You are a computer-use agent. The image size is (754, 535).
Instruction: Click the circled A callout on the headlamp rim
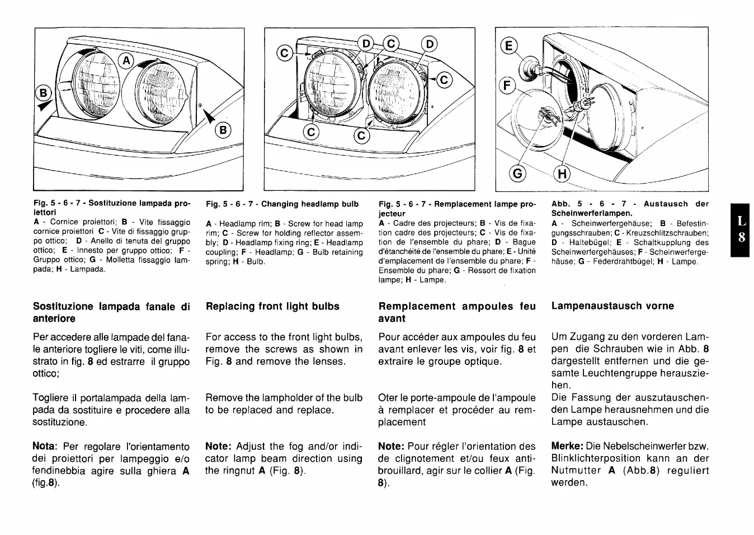(127, 60)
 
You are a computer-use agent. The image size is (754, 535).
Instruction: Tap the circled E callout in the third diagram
(508, 45)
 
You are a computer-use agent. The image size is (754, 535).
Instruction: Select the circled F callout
(507, 86)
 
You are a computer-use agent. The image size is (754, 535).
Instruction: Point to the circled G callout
(518, 173)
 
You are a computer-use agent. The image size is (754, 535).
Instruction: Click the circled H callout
(562, 173)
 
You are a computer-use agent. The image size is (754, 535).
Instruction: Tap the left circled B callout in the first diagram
(43, 91)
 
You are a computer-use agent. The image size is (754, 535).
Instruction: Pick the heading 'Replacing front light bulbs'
(272, 306)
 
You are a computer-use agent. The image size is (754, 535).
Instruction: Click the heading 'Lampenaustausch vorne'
(612, 306)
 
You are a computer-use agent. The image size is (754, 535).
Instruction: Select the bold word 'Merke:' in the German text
(567, 447)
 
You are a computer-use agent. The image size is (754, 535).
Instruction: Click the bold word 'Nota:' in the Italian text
(45, 447)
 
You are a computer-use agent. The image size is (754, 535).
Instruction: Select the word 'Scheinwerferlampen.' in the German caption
(592, 213)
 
